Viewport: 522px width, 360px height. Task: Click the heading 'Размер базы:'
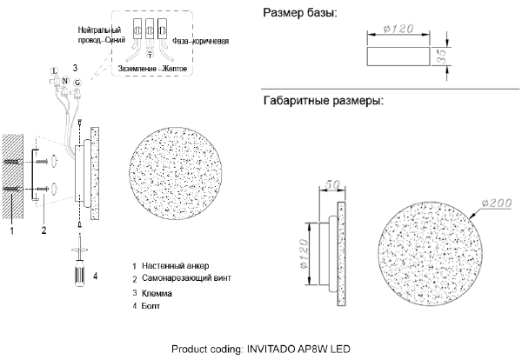point(300,13)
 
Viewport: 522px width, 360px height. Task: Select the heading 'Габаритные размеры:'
point(324,101)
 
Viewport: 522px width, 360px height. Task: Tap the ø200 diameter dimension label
point(497,203)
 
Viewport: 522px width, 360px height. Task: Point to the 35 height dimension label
point(441,57)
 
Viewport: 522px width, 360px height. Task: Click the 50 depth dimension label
point(332,184)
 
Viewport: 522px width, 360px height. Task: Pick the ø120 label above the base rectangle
point(398,29)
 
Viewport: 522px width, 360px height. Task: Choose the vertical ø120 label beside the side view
point(304,254)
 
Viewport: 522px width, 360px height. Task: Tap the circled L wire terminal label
point(53,70)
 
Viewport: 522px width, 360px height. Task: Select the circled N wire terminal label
point(65,81)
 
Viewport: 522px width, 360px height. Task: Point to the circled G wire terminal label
point(77,83)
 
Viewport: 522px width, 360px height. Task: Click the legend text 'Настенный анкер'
point(176,266)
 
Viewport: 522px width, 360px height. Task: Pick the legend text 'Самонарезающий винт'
point(186,277)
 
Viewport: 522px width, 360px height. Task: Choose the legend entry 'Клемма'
point(157,293)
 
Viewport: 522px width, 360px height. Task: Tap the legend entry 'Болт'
point(151,305)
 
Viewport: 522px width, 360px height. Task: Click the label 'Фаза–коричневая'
point(200,41)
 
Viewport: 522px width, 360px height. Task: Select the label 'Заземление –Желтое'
point(152,69)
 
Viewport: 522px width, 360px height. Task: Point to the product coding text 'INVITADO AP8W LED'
point(298,350)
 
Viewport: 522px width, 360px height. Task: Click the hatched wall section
point(13,176)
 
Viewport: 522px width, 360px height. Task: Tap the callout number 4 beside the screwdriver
point(96,277)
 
